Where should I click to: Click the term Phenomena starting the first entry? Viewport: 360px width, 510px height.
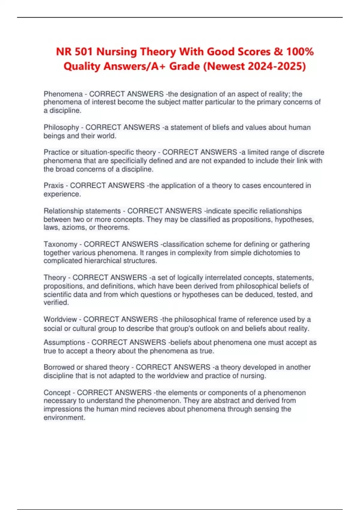(x=63, y=94)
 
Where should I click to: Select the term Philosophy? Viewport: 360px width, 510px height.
(x=61, y=127)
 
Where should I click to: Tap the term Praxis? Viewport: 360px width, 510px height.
(x=53, y=186)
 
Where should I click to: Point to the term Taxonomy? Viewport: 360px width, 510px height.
(x=60, y=244)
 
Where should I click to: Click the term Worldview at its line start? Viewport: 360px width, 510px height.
(x=60, y=319)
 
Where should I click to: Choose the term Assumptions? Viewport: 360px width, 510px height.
(x=64, y=342)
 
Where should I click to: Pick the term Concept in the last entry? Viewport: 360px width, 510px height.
(x=57, y=392)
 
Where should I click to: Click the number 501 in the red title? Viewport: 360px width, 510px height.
(x=84, y=52)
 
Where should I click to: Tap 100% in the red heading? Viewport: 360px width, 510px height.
(x=300, y=52)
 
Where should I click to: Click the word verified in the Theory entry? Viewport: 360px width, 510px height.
(x=56, y=302)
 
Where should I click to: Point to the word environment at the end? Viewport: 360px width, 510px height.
(x=64, y=417)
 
